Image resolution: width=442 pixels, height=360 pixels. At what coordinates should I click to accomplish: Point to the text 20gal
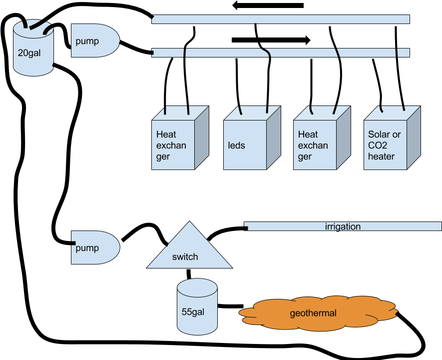[29, 53]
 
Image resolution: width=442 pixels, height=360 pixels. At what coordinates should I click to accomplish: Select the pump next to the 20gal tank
[95, 40]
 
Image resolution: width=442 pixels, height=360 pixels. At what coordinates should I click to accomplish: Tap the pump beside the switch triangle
[95, 247]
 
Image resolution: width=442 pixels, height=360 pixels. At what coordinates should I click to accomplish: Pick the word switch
[185, 257]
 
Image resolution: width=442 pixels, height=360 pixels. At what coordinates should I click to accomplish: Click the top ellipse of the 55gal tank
[197, 287]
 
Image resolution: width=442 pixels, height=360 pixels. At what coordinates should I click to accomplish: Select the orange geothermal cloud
[315, 313]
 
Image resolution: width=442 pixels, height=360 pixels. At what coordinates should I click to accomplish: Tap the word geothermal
[313, 313]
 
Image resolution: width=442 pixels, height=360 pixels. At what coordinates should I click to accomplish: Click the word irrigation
[343, 226]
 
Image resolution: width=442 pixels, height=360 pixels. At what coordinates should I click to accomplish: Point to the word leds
[237, 145]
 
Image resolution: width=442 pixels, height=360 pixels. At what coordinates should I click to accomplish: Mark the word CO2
[378, 145]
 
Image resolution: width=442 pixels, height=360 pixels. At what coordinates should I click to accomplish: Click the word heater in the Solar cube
[381, 156]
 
